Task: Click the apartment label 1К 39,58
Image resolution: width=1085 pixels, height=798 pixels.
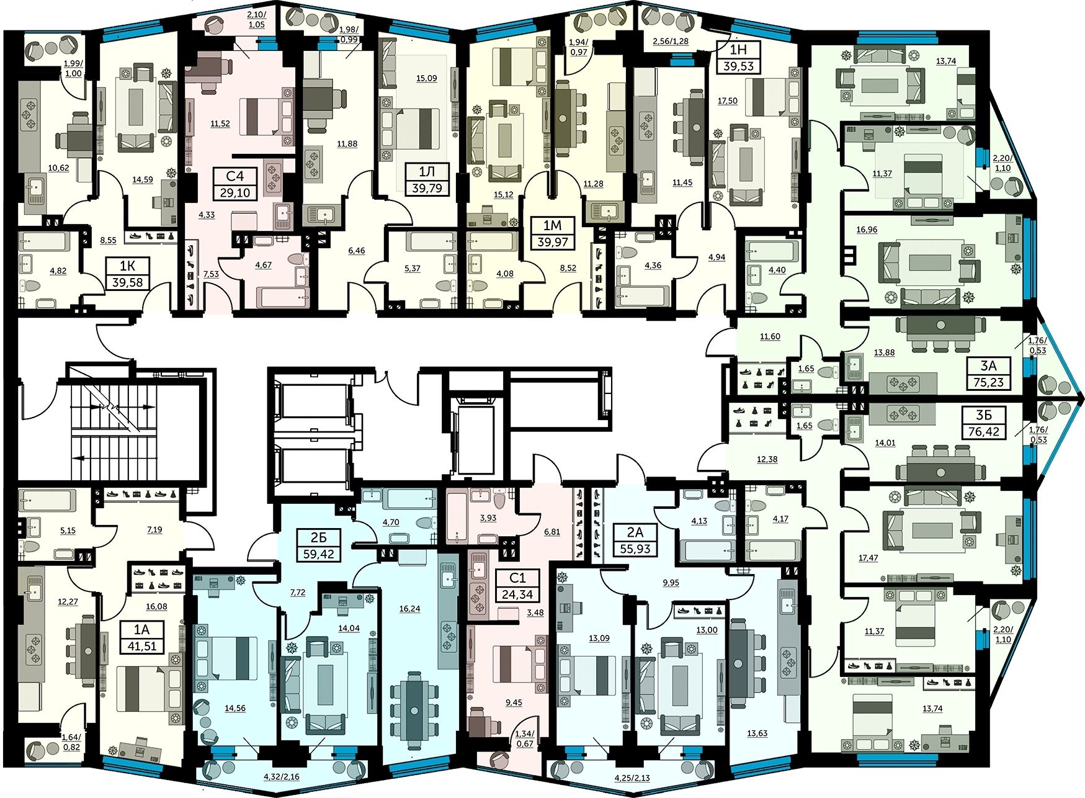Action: pyautogui.click(x=127, y=274)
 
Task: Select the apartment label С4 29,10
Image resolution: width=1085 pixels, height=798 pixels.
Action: pyautogui.click(x=235, y=184)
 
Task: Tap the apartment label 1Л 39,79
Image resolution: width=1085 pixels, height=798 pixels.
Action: pyautogui.click(x=427, y=179)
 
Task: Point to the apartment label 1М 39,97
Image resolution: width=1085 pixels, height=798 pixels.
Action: pyautogui.click(x=552, y=233)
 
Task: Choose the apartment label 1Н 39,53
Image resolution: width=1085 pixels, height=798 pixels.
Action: pyautogui.click(x=738, y=58)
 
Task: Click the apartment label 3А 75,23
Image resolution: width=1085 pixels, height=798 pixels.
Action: pyautogui.click(x=988, y=374)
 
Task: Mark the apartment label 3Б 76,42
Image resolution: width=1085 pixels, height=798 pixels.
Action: pyautogui.click(x=983, y=423)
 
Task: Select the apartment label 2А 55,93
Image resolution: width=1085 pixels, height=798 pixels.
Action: pyautogui.click(x=635, y=540)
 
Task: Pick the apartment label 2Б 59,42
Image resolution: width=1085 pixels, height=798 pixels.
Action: pyautogui.click(x=318, y=545)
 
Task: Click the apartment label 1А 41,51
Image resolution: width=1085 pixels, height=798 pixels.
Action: pyautogui.click(x=142, y=637)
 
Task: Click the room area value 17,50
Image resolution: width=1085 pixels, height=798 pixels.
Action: pyautogui.click(x=728, y=101)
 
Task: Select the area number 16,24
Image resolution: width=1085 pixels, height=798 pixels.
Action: pyautogui.click(x=409, y=609)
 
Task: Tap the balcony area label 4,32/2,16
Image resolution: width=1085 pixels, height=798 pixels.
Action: pyautogui.click(x=281, y=776)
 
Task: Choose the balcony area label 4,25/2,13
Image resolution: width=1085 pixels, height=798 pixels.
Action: pyautogui.click(x=632, y=778)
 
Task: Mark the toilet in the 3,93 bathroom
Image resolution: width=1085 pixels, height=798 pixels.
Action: pyautogui.click(x=499, y=498)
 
